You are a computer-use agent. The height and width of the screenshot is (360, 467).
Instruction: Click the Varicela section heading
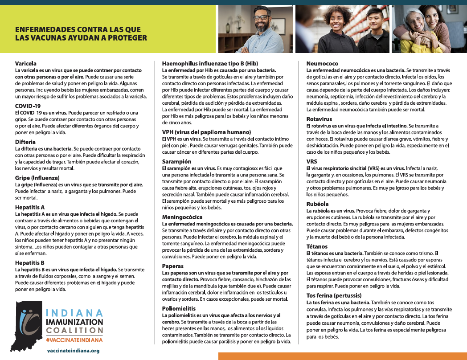pos(25,63)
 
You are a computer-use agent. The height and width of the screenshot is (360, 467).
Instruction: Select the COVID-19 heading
pos(28,106)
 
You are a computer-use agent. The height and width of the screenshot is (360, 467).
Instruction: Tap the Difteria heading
pos(25,142)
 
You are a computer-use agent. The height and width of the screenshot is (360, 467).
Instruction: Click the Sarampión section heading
pos(177,161)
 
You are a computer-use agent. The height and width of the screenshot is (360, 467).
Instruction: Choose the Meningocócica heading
pos(183,217)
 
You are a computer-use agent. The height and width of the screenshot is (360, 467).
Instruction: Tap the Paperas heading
pos(173,266)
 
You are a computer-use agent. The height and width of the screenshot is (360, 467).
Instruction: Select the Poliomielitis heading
pos(180,308)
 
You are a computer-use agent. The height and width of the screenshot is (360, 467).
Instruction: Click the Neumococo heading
pos(322,64)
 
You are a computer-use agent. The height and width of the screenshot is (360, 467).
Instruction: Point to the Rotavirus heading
pos(319,119)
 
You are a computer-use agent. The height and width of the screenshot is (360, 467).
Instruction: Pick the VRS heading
pos(311,162)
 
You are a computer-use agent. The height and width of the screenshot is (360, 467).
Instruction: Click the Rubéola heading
pos(317,204)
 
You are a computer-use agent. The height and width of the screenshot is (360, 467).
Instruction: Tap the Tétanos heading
pos(317,246)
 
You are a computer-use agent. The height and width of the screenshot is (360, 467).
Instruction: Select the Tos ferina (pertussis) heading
pos(334,295)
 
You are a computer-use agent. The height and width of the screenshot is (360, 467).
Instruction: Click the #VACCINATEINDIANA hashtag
pos(74,340)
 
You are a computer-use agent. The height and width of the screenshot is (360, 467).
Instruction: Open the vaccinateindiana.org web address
pos(73,351)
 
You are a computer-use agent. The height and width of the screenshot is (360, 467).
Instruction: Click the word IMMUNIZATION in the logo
pos(75,321)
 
